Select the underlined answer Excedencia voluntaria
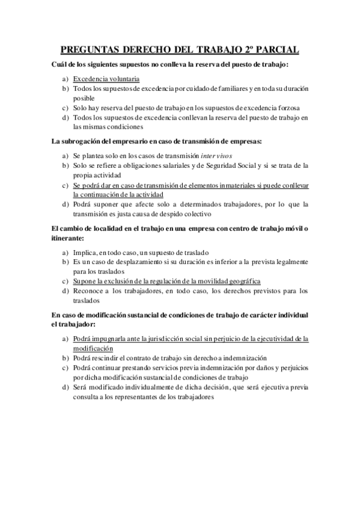pyautogui.click(x=106, y=79)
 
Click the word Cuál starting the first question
pyautogui.click(x=59, y=64)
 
